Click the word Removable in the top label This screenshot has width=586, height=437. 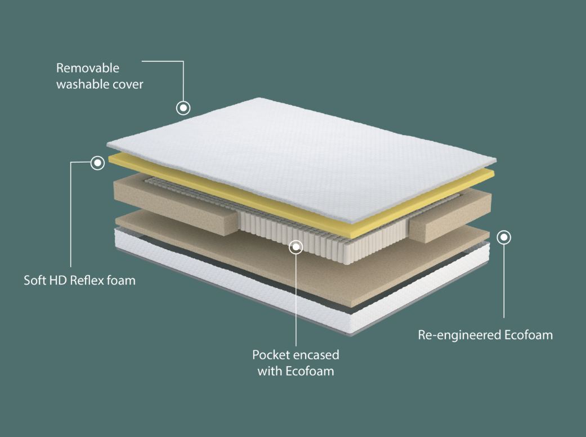point(88,68)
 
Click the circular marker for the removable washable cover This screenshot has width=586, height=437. point(183,108)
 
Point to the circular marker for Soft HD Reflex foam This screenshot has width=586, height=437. point(97,163)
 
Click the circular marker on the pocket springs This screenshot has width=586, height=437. point(296,247)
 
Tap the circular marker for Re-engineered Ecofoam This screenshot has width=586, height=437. point(504,237)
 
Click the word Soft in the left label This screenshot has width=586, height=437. point(35,280)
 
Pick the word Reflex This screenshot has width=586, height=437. point(87,280)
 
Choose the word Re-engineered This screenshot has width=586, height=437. point(460,335)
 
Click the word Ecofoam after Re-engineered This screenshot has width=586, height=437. point(529,335)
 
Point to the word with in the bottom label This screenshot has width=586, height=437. point(270,371)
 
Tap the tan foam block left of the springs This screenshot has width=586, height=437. point(176,205)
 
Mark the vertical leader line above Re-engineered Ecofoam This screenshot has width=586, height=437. point(504,281)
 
